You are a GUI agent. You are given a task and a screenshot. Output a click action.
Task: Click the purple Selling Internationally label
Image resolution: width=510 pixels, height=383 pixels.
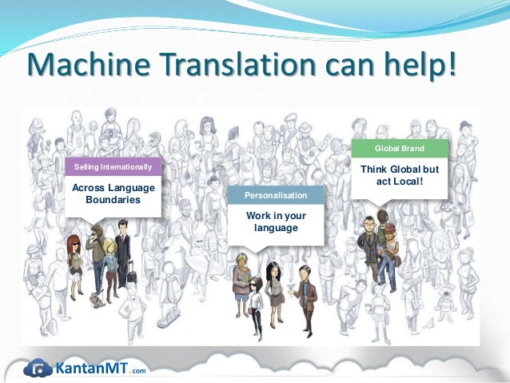point(113,166)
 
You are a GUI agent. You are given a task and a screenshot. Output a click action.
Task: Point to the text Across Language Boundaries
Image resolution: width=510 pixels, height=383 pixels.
point(113,193)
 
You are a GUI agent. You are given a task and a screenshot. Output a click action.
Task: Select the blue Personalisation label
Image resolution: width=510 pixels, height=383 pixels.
point(275,195)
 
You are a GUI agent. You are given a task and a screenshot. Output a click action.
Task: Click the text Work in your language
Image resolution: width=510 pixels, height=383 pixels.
point(275,221)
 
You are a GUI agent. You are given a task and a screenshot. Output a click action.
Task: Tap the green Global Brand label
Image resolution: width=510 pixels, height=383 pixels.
point(400,149)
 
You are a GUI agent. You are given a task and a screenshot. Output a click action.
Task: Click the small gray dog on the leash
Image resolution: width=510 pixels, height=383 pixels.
point(97,300)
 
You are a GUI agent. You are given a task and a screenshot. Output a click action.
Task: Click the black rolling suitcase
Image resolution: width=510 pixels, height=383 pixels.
point(131,276)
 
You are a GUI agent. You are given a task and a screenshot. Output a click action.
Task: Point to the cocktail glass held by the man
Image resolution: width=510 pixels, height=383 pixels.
point(293,285)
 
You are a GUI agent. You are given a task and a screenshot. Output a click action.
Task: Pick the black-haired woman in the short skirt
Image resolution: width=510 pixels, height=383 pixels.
point(274,288)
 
